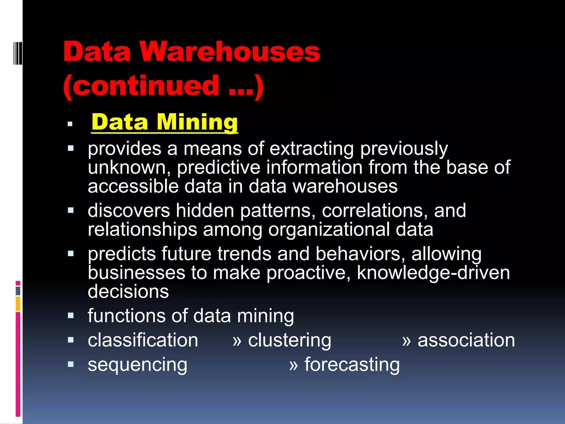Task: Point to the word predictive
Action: click(x=218, y=168)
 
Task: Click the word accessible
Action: click(x=133, y=186)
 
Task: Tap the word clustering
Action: click(x=289, y=340)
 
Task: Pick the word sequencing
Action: click(x=137, y=365)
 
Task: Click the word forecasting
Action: click(x=352, y=365)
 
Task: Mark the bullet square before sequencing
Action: click(x=71, y=364)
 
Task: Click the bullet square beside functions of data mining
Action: click(x=71, y=316)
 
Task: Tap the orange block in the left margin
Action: click(x=18, y=304)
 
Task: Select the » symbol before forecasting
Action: click(x=294, y=365)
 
